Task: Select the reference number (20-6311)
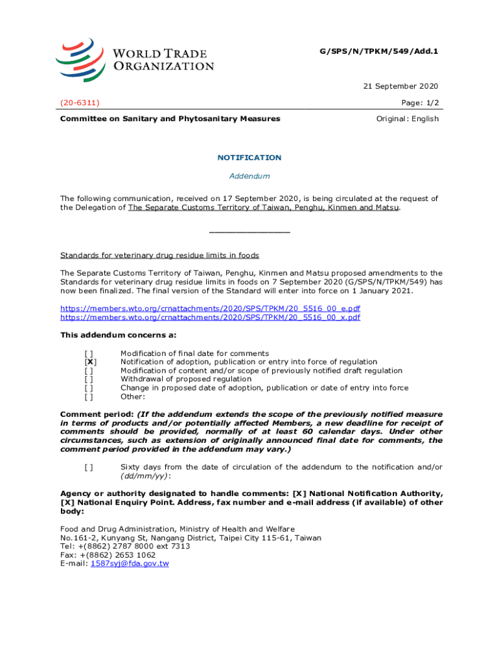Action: click(80, 102)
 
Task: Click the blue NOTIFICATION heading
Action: click(250, 158)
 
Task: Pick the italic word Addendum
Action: click(250, 176)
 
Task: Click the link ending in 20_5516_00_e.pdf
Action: click(210, 309)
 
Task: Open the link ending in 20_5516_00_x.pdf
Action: click(210, 317)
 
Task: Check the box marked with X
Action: click(90, 362)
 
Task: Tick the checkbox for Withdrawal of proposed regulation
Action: click(89, 379)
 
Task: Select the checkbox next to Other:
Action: click(89, 396)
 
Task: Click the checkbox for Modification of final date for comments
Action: click(89, 353)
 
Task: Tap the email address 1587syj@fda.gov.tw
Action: click(130, 563)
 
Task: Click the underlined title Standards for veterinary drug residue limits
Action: click(159, 255)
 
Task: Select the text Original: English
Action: click(408, 119)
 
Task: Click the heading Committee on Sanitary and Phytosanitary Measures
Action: click(170, 119)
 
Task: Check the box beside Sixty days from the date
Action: click(89, 467)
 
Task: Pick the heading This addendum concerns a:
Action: click(118, 335)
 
